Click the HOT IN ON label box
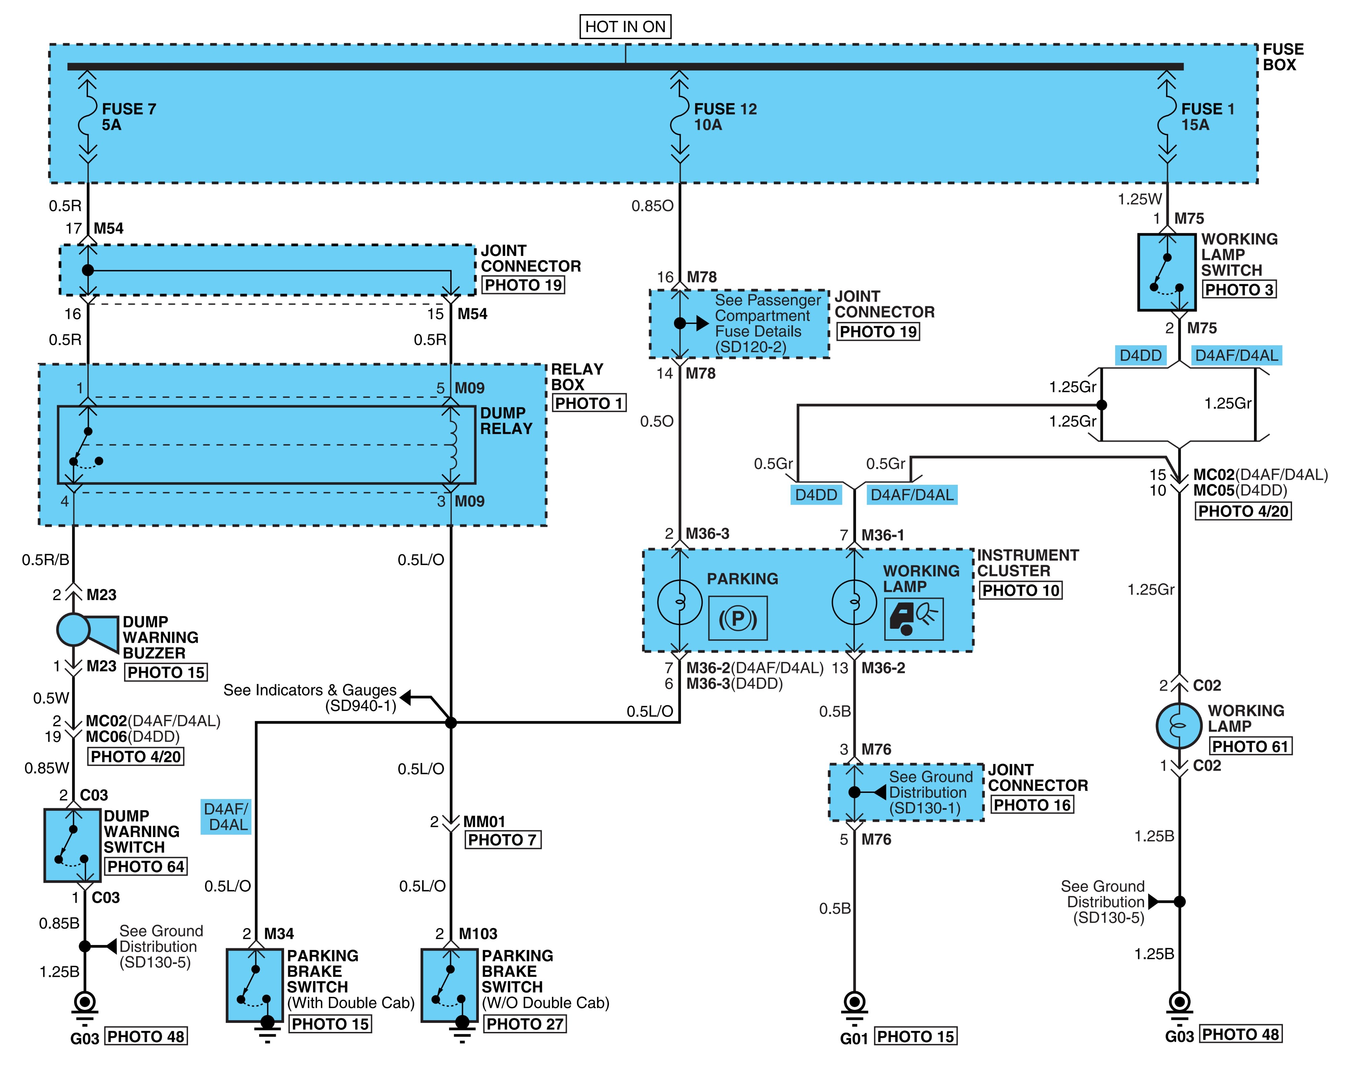tap(625, 27)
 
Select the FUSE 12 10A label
tap(725, 117)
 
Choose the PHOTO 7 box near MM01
tap(503, 840)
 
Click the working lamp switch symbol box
tap(1166, 272)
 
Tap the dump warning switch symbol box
tap(73, 846)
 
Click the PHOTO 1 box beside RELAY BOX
tap(589, 403)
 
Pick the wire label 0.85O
tap(652, 206)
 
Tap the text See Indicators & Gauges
tap(310, 690)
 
